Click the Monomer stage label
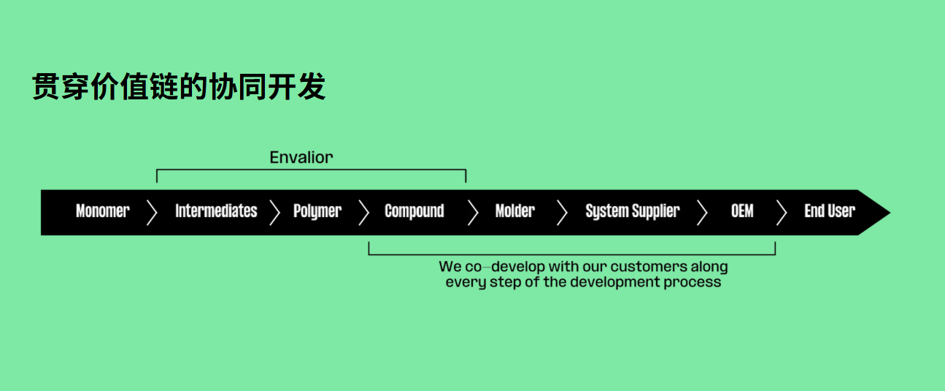point(102,211)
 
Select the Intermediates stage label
point(216,211)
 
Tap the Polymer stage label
point(317,211)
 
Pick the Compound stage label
point(414,211)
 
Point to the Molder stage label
point(514,211)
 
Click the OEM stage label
point(742,211)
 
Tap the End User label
point(830,211)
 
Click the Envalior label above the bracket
point(301,157)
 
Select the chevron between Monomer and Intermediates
point(152,213)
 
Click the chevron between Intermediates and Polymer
point(274,213)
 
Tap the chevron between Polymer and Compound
point(363,213)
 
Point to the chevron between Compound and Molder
point(474,213)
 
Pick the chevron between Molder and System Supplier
point(562,213)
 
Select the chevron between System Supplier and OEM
point(702,213)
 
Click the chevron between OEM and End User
point(782,213)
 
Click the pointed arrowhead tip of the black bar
point(890,213)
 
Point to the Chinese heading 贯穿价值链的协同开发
point(179,87)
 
